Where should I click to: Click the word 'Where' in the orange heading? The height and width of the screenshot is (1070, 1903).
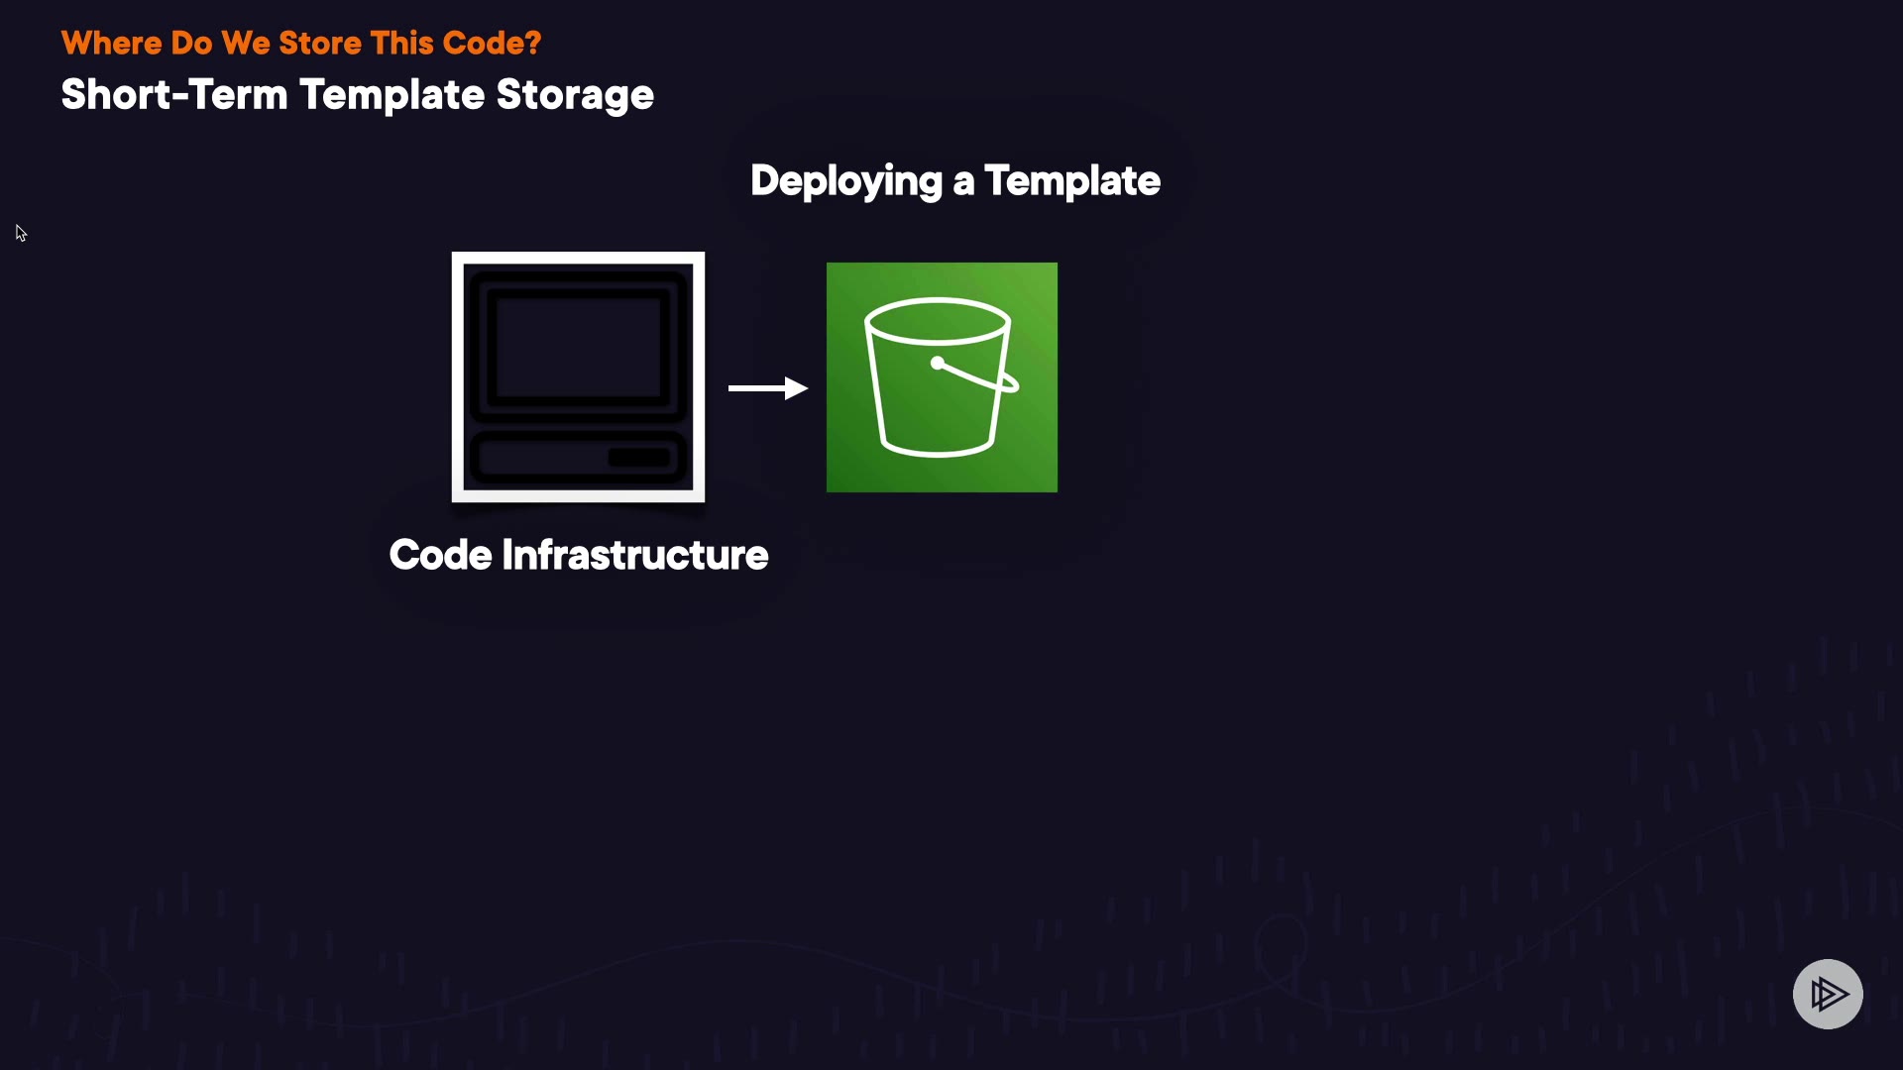(x=111, y=43)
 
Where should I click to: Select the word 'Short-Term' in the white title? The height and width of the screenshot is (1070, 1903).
(x=174, y=94)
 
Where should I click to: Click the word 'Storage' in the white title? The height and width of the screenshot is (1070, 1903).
(x=575, y=96)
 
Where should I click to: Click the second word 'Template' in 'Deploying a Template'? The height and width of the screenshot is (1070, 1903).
(x=1072, y=180)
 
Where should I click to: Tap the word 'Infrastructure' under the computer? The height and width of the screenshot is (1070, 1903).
(x=635, y=555)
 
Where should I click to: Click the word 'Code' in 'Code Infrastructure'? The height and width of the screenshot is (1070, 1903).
(x=441, y=555)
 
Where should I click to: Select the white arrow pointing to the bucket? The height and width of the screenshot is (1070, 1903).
(x=768, y=388)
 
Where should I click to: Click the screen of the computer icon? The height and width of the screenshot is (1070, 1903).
(x=578, y=347)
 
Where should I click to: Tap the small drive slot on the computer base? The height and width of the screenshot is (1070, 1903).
(x=639, y=458)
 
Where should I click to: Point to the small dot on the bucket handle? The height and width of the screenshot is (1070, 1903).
(x=938, y=363)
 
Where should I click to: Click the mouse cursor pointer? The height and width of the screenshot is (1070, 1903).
(x=21, y=233)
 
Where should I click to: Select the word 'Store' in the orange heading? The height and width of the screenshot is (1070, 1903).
(x=320, y=43)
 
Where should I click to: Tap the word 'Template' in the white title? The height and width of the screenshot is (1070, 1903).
(x=392, y=96)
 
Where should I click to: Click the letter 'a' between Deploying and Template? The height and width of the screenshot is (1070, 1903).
(x=963, y=183)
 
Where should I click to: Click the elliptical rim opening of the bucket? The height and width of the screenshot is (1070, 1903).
(x=938, y=321)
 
